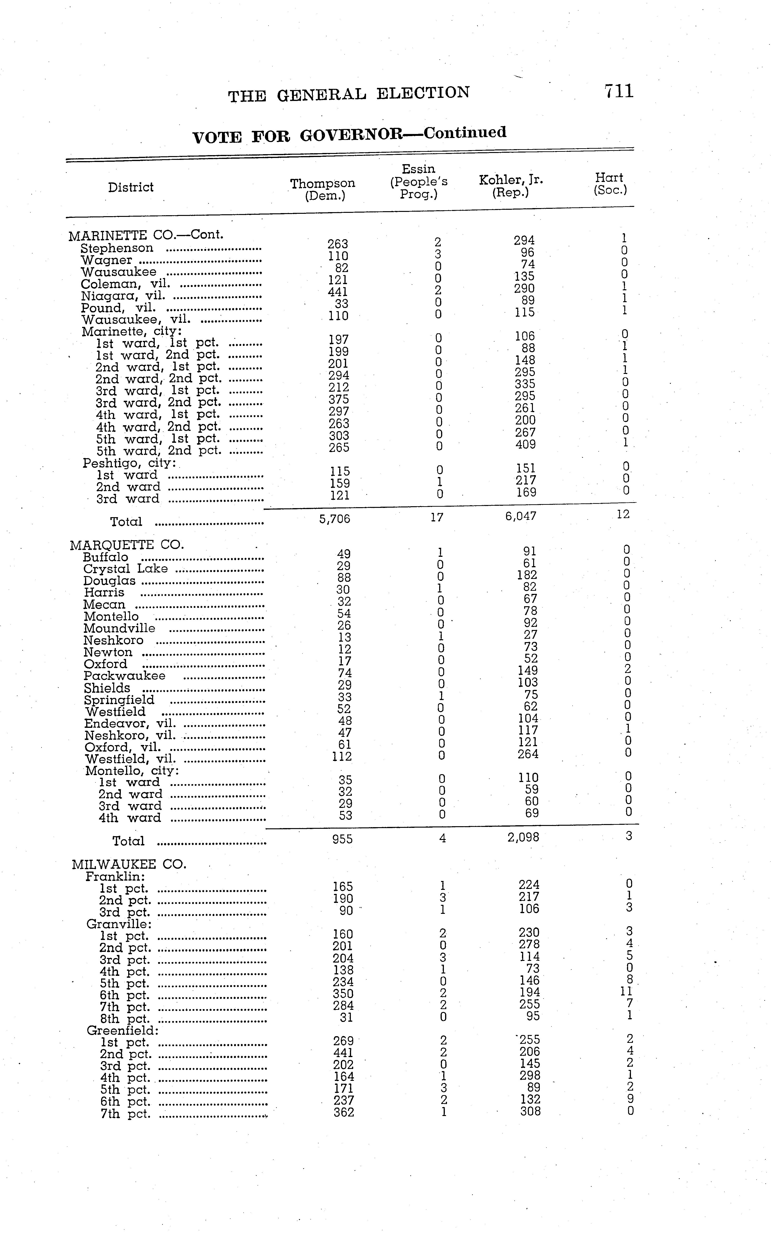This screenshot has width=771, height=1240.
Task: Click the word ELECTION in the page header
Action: coord(423,93)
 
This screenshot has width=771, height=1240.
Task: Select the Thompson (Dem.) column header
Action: coord(323,189)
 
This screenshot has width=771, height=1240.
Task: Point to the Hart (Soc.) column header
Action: coord(610,184)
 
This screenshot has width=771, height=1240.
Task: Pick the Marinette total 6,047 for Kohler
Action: coord(521,516)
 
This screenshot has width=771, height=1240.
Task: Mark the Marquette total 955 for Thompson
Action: coord(342,839)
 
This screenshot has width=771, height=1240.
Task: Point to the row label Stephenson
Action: coord(117,248)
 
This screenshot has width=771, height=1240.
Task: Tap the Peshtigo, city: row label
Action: coord(130,463)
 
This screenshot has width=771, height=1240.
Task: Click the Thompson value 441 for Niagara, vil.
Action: coord(338,292)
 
